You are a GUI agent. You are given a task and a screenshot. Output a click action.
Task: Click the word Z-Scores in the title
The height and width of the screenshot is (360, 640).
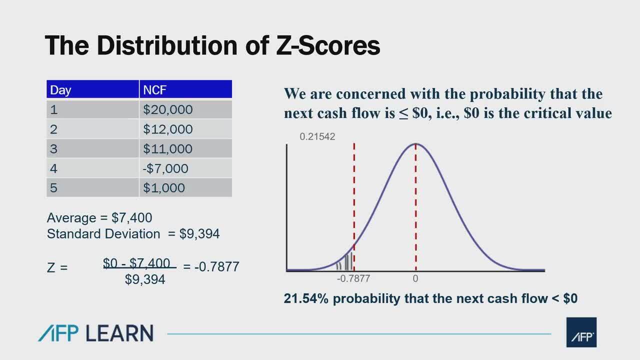click(x=328, y=45)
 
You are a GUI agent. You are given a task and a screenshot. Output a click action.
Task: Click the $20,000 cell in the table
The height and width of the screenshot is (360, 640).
click(x=167, y=109)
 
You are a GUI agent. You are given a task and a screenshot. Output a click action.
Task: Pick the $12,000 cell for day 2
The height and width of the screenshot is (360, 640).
click(x=167, y=129)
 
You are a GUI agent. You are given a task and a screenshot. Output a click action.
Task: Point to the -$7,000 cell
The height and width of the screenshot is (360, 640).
click(x=165, y=168)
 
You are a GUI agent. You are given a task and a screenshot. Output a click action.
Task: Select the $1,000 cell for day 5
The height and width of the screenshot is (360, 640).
click(x=163, y=188)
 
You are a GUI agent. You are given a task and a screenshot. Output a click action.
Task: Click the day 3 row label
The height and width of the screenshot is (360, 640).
click(x=53, y=149)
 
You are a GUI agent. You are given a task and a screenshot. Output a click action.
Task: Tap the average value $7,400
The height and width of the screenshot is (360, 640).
click(x=131, y=217)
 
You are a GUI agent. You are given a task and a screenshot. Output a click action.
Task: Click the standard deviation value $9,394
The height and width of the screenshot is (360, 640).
click(x=199, y=234)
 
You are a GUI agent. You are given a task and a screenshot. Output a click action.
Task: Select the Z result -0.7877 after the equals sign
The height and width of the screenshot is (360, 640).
click(x=217, y=267)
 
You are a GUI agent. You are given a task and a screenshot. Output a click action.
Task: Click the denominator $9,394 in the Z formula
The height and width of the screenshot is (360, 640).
click(x=145, y=279)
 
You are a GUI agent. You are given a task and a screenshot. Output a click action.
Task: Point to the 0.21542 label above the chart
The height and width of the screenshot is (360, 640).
click(x=317, y=137)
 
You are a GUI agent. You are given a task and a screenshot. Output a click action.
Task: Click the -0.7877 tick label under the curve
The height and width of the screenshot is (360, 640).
click(x=353, y=278)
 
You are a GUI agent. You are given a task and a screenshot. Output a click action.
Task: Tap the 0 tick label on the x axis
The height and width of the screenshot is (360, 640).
click(x=415, y=278)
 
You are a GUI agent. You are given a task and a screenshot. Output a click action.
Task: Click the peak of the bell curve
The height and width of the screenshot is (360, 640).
click(x=415, y=143)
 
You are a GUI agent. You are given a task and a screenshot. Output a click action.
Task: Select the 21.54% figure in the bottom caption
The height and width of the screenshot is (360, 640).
click(x=306, y=298)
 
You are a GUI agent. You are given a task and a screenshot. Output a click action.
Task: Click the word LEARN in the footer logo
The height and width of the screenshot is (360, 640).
click(x=119, y=333)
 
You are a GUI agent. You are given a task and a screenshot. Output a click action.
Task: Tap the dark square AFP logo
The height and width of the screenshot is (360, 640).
click(x=581, y=332)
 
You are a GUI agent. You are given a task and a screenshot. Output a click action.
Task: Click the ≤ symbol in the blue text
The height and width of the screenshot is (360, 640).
click(x=403, y=114)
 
